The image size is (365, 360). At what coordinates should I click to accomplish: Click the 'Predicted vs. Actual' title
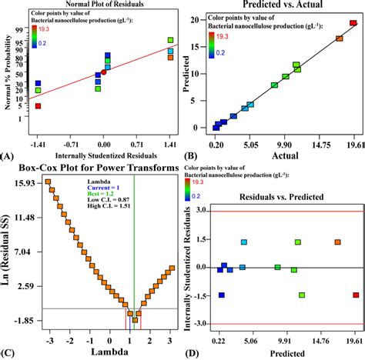click(x=276, y=6)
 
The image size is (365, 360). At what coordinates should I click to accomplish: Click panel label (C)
click(x=8, y=353)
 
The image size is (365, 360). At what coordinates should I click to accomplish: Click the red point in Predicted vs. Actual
click(x=353, y=23)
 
